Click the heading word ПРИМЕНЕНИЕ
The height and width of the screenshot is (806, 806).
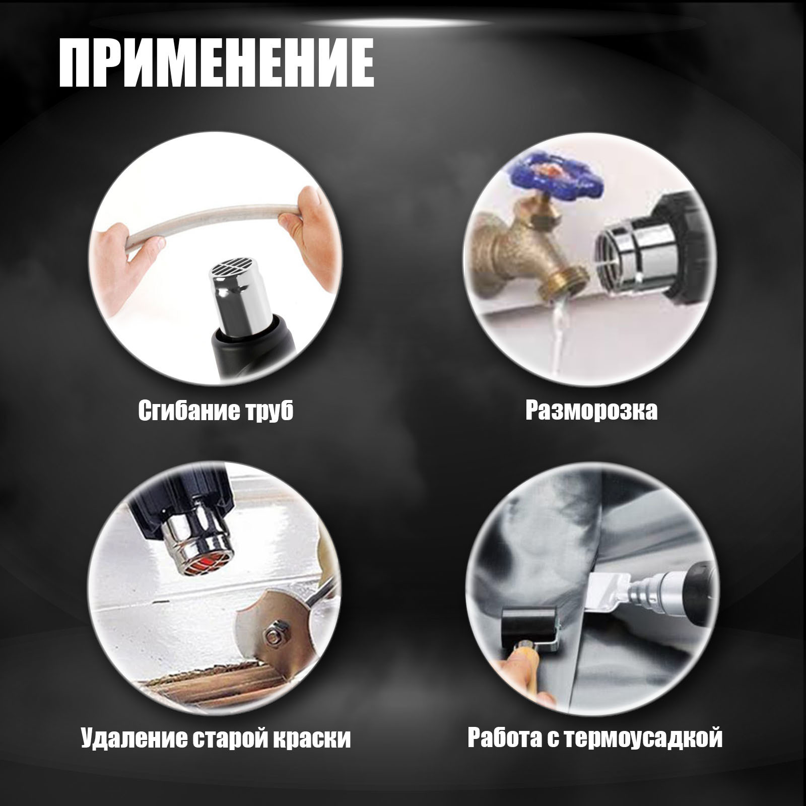217,63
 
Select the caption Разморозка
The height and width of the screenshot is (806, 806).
591,411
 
